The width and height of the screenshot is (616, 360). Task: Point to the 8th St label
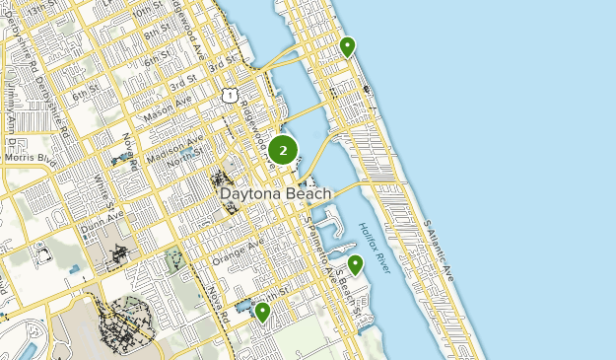coord(157,34)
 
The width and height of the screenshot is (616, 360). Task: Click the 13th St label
coord(40,11)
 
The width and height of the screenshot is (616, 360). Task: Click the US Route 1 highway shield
coord(229,95)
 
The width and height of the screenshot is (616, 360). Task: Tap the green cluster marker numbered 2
coord(283,151)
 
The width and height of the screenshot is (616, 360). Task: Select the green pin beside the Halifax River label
coord(355,263)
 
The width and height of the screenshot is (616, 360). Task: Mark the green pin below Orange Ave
coord(262,312)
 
